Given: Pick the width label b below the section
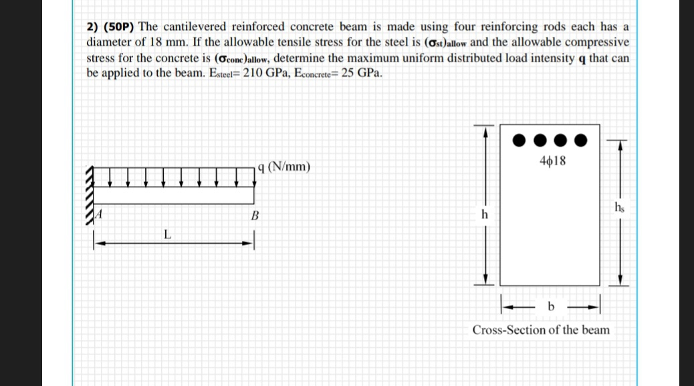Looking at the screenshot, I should click(551, 306).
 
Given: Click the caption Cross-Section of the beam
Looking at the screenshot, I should click(541, 330).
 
